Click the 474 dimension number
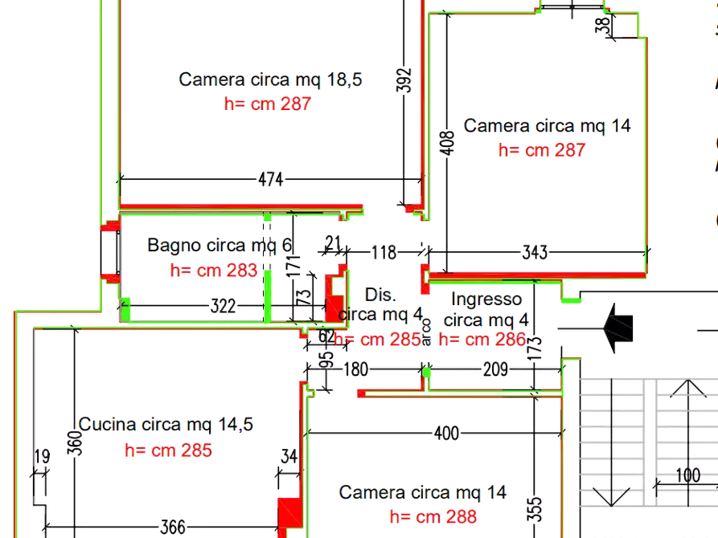tap(272, 181)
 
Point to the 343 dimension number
tap(534, 253)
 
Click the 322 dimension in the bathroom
tap(223, 306)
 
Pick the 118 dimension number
tap(384, 253)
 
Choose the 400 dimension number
tap(446, 434)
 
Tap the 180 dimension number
tap(355, 371)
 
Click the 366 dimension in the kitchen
tap(173, 528)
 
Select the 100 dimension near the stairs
tap(687, 475)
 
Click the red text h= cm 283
tap(214, 270)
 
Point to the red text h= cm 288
tap(432, 516)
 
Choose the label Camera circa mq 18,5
tap(271, 79)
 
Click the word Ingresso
tap(486, 300)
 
